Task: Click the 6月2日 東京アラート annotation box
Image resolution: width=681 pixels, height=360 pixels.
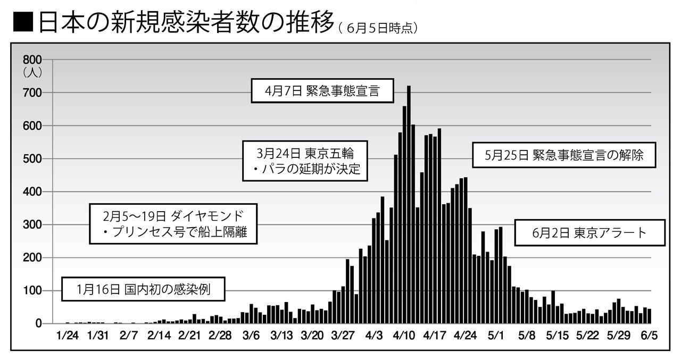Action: (591, 233)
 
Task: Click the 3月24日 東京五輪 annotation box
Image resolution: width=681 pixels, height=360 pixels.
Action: (304, 161)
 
